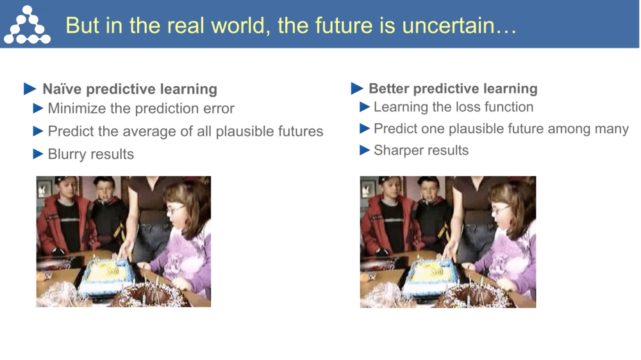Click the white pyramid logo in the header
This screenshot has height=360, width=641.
coord(26,25)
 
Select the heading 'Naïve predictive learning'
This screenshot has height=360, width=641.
coord(129,89)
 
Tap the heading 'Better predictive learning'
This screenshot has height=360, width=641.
coord(453,88)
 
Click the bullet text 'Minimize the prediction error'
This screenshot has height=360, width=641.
coord(141,109)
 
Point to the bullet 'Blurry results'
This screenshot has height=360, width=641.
coord(91,154)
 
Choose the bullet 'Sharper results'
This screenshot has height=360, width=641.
coord(421,151)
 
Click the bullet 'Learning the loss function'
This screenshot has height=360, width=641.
coord(453,107)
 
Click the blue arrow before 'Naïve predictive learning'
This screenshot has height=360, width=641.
coord(30,89)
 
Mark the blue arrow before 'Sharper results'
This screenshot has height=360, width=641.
coord(365,151)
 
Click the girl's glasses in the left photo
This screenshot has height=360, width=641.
coord(175,209)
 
